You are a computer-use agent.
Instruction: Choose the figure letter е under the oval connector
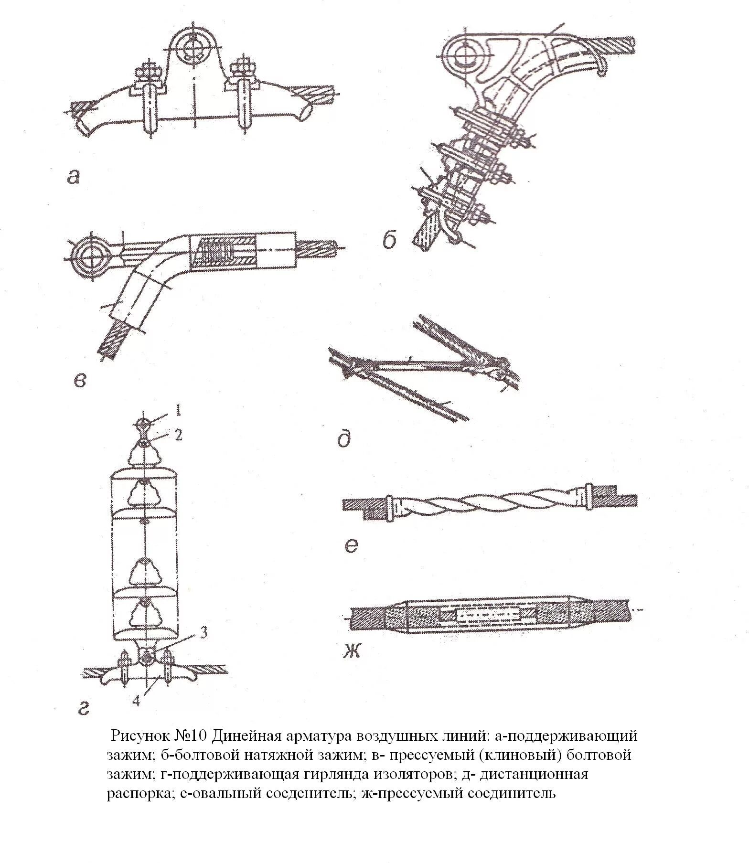click(x=351, y=545)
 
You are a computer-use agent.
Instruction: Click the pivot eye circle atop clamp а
click(x=195, y=48)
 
